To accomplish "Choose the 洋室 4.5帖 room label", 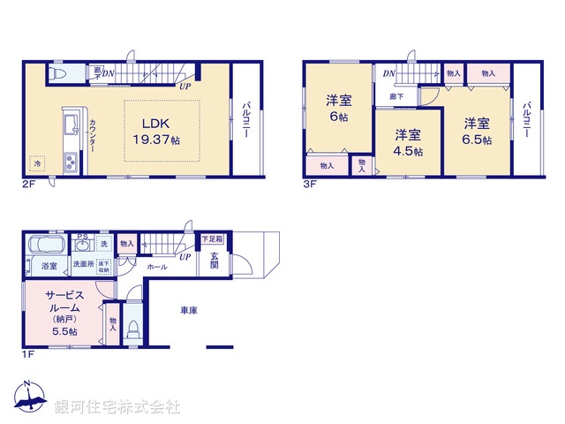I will pos(407,142).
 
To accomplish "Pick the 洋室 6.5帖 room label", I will pos(478,130).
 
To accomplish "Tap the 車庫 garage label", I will pos(188,310).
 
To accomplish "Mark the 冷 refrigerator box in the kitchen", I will pos(38,163).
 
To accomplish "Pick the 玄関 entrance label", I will pos(215,261).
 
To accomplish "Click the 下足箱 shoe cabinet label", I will pos(213,238).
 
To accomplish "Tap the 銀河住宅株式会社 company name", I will pos(117,407).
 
